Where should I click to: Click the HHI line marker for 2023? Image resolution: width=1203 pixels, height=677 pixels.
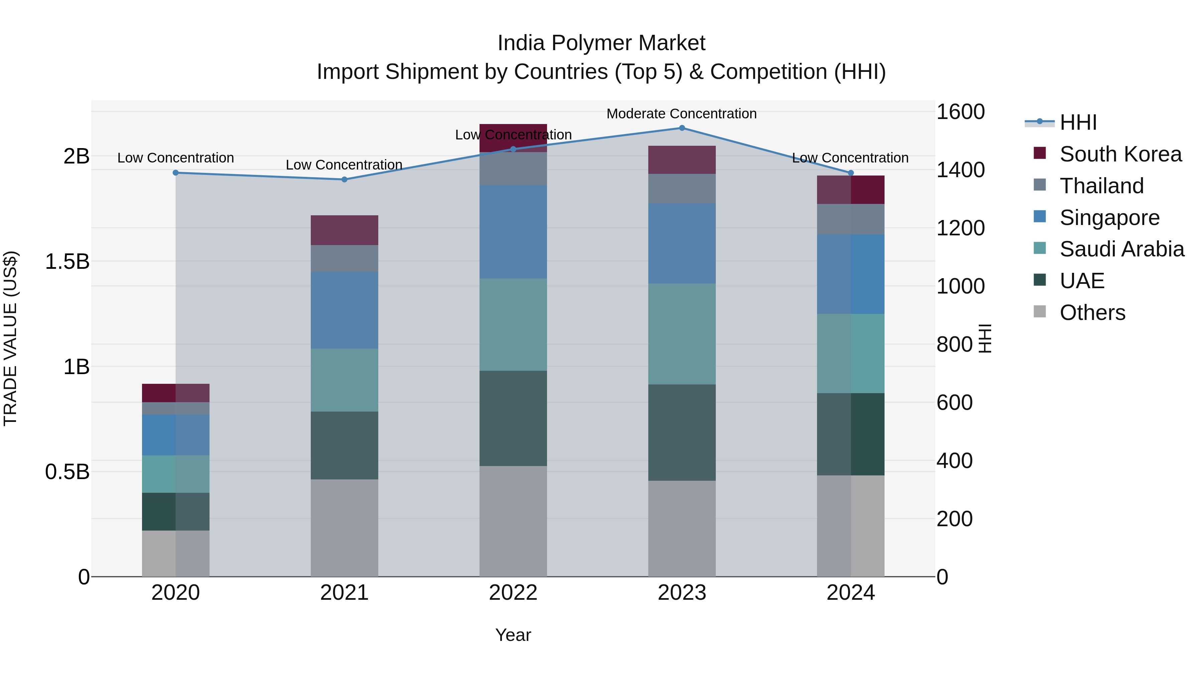(x=682, y=128)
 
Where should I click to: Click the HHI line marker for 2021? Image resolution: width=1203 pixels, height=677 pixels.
(x=344, y=180)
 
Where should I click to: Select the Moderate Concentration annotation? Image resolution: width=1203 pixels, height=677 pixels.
(x=681, y=114)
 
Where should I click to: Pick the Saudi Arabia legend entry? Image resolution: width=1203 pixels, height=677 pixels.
(x=1121, y=249)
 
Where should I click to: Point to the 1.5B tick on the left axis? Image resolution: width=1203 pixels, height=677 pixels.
(x=67, y=262)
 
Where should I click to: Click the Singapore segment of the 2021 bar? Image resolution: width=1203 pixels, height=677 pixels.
(x=344, y=310)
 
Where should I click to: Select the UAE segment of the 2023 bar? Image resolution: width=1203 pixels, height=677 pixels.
(x=682, y=433)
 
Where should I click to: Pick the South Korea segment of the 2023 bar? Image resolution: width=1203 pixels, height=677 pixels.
(x=682, y=160)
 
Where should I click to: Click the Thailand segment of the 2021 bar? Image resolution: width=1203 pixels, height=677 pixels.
(x=344, y=258)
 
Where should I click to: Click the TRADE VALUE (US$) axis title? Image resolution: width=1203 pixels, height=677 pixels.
(x=10, y=338)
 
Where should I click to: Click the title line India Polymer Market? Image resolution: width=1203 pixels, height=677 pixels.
(x=601, y=43)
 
